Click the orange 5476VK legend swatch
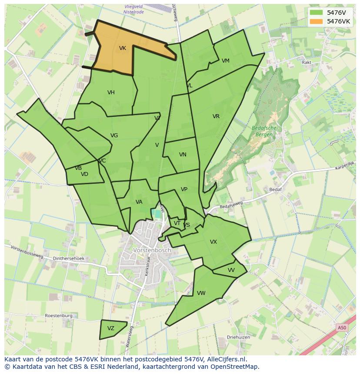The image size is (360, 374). [317, 21]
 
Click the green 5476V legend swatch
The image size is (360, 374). [317, 13]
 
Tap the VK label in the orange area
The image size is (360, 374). [123, 48]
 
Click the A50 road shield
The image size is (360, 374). [342, 328]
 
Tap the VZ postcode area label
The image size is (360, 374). [111, 328]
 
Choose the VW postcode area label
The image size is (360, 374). [201, 293]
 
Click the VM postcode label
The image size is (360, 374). [225, 61]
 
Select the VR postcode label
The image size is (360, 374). [216, 116]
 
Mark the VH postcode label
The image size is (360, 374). [111, 93]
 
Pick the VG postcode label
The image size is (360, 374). [114, 136]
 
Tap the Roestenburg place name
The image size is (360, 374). [59, 316]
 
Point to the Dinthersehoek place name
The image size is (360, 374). [69, 258]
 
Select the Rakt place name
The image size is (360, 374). [307, 63]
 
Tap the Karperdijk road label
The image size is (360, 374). [345, 165]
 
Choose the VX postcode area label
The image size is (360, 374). [213, 242]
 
